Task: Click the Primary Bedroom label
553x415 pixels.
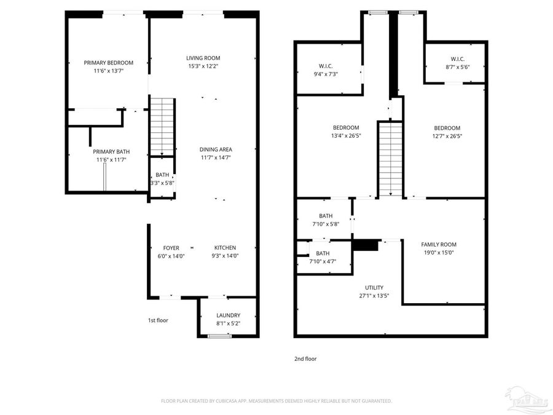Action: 108,63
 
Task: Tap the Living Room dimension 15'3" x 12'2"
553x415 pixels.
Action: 203,66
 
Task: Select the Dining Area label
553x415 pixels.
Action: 216,149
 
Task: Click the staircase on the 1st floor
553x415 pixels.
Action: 163,127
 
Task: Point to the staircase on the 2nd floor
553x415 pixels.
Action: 389,159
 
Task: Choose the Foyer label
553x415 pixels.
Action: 171,248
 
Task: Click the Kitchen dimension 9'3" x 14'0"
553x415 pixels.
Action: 225,256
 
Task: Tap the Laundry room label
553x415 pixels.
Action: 228,315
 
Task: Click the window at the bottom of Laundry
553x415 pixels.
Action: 216,336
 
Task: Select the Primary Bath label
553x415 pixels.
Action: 111,152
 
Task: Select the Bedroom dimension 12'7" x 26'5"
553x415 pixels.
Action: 446,136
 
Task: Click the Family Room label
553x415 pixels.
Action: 438,244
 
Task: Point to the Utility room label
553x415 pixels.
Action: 374,287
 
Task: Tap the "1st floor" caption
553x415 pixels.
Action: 158,320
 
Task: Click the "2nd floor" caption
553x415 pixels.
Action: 305,358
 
